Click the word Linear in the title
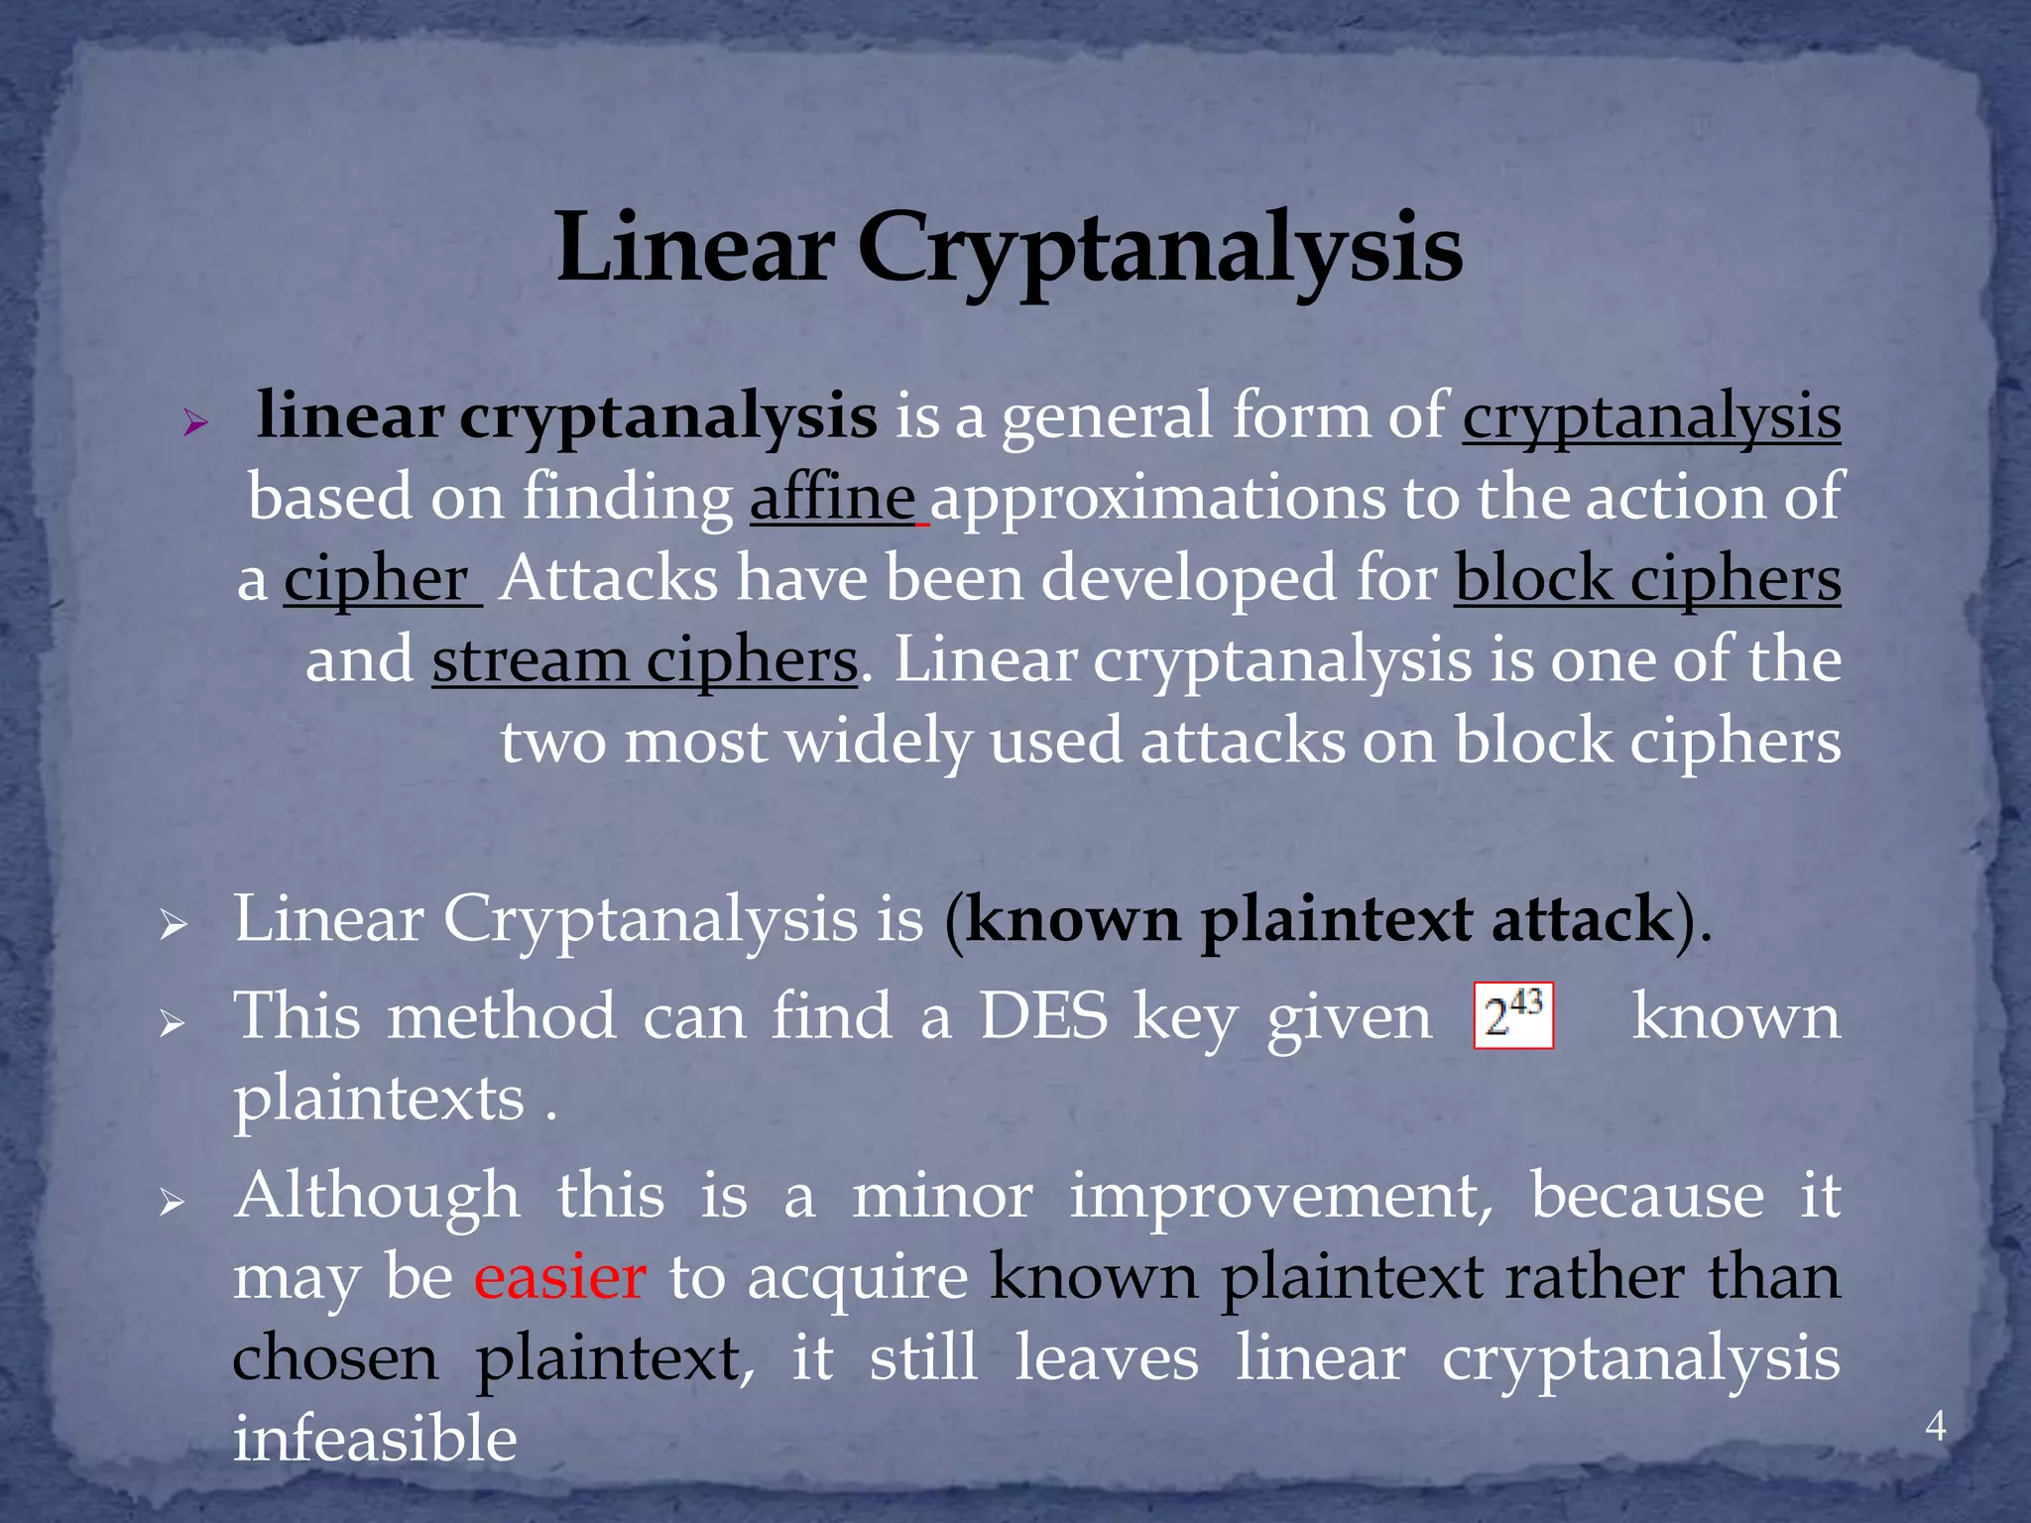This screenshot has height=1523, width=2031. [693, 248]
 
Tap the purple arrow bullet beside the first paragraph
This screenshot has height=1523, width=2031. [195, 424]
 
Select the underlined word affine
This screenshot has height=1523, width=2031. [832, 498]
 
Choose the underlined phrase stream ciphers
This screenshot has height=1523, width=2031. [645, 660]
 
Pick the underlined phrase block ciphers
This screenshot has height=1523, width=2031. [1647, 579]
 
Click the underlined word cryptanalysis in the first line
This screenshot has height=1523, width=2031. [1651, 416]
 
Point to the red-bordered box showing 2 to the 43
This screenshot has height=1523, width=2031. [1513, 1015]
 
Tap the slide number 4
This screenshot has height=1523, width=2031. [1935, 1426]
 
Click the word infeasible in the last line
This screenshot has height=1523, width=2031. [375, 1439]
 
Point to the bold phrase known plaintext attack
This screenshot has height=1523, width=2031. [1319, 919]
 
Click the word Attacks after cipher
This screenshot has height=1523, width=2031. [607, 579]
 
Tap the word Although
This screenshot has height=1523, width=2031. [377, 1196]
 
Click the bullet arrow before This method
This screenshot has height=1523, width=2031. [173, 1023]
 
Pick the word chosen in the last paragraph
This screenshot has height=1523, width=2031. [335, 1358]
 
